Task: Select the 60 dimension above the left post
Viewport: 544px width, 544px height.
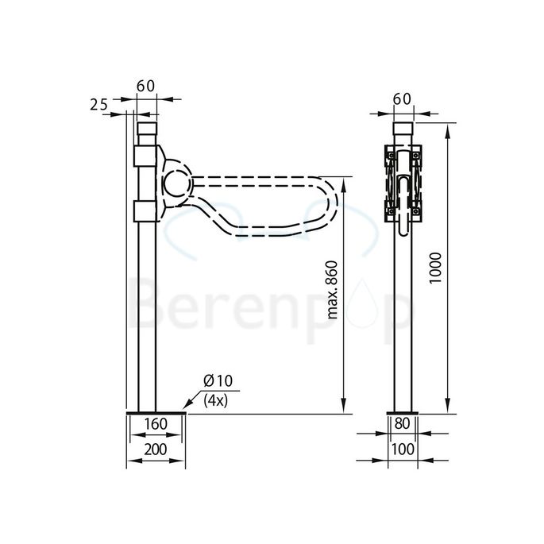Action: [x=146, y=86]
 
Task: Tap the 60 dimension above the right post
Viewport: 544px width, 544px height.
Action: [x=403, y=98]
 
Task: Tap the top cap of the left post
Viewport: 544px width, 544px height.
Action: [x=147, y=129]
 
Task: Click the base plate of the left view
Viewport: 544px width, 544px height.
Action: [x=155, y=412]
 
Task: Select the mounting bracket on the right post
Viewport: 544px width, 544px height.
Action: [x=403, y=184]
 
